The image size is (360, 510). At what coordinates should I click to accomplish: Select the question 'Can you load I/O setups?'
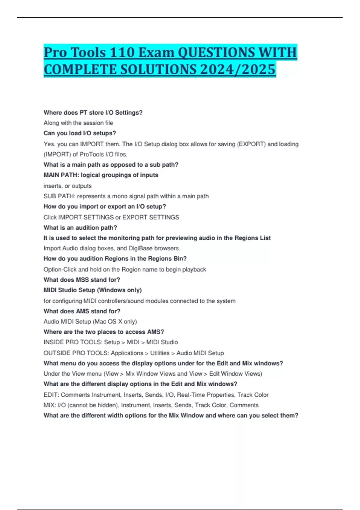pyautogui.click(x=80, y=133)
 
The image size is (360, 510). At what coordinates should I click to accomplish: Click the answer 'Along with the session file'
pyautogui.click(x=78, y=123)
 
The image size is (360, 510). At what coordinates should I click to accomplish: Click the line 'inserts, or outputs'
pyautogui.click(x=67, y=186)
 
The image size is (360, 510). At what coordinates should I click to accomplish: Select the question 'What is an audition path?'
pyautogui.click(x=80, y=228)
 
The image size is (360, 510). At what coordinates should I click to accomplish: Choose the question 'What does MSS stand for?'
pyautogui.click(x=82, y=280)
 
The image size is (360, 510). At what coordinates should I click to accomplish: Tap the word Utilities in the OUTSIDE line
pyautogui.click(x=160, y=353)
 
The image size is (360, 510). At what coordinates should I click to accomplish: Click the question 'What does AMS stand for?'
pyautogui.click(x=82, y=311)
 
